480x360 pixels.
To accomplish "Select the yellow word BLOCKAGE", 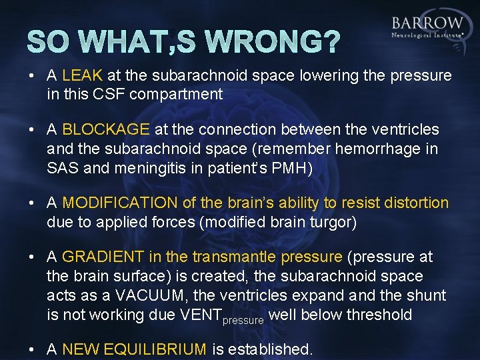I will [107, 129].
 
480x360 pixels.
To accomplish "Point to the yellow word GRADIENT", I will [102, 257].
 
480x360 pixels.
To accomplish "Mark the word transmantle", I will [235, 257].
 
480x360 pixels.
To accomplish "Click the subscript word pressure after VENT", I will [243, 319].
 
